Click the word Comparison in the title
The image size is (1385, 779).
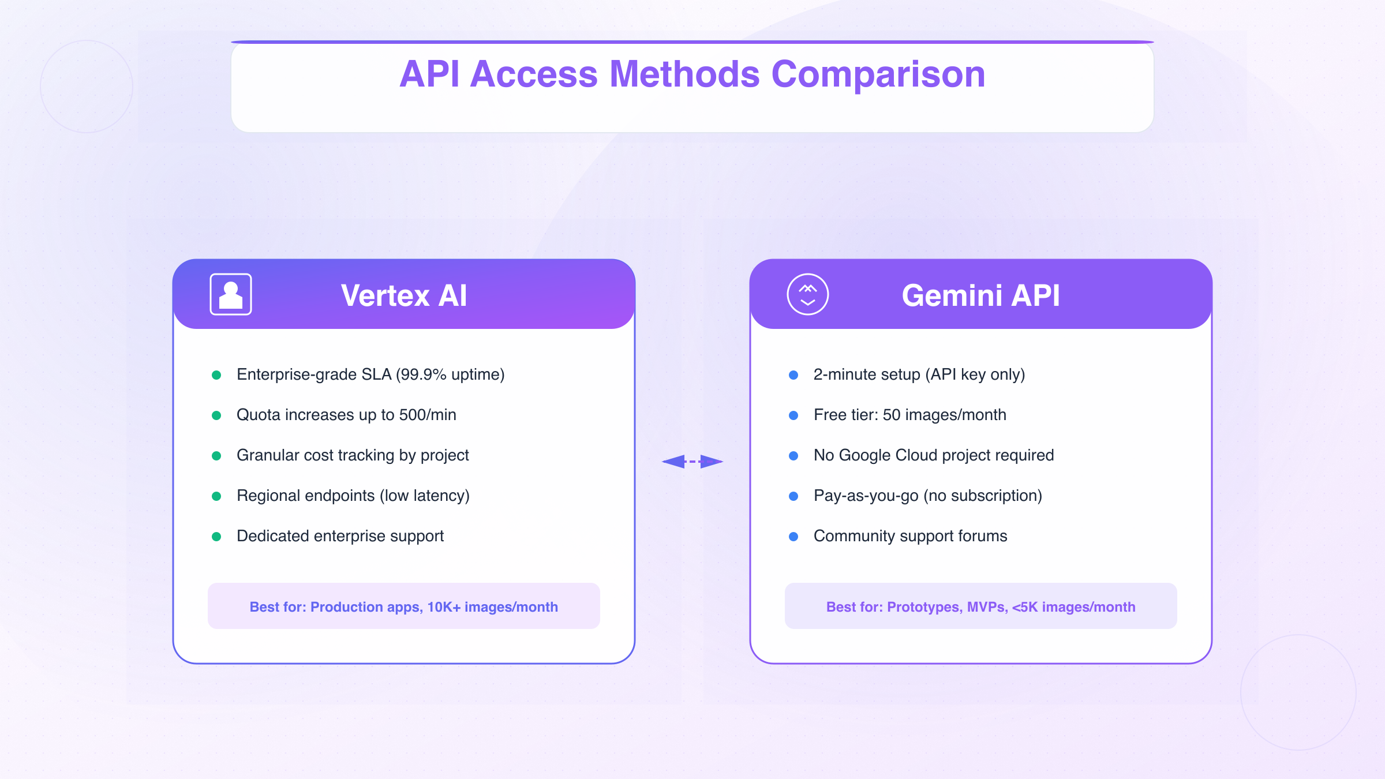point(878,74)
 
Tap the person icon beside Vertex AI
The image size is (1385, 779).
point(231,294)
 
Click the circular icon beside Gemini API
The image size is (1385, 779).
point(808,294)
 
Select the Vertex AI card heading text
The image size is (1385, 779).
point(404,295)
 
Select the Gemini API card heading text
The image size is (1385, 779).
point(980,295)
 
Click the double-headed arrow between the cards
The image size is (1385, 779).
point(692,462)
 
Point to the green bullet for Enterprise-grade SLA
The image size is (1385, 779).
point(216,375)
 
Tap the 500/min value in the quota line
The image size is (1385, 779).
point(428,415)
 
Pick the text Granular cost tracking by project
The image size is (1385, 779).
point(353,455)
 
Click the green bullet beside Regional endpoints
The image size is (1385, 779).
point(216,496)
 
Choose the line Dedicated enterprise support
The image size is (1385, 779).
point(340,536)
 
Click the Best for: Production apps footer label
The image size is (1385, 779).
point(404,606)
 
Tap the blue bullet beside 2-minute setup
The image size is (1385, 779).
point(793,375)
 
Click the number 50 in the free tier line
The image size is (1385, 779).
point(892,415)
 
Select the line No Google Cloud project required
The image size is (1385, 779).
point(934,455)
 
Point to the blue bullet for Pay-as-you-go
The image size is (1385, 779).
point(793,496)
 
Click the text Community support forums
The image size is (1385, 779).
point(910,536)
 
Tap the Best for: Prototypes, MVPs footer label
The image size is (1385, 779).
point(980,606)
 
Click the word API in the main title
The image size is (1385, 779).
point(429,74)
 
